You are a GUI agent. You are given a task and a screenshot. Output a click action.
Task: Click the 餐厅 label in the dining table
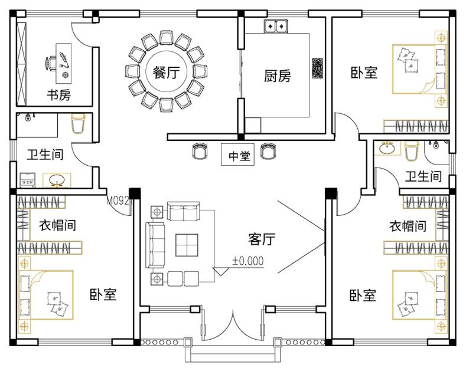165,73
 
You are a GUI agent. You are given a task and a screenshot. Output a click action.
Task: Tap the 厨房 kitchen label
277,76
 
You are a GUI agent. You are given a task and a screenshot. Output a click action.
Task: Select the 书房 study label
59,94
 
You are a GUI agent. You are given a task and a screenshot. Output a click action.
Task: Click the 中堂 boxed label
239,156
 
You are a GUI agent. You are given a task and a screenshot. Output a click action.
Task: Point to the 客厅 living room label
262,239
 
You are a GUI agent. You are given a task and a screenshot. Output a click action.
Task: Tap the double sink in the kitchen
275,26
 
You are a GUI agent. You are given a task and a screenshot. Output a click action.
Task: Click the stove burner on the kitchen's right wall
317,68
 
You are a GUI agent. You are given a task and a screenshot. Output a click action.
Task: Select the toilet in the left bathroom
78,126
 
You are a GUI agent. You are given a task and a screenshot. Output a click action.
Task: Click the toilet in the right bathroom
412,152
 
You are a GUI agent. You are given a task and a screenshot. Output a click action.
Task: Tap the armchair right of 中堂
268,152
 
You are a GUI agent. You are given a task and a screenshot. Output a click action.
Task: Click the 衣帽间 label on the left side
57,225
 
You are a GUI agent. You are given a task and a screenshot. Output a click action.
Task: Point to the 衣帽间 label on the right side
408,226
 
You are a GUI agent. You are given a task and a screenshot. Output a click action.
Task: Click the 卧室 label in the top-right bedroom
364,73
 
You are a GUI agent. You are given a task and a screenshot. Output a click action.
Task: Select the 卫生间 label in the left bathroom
45,155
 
